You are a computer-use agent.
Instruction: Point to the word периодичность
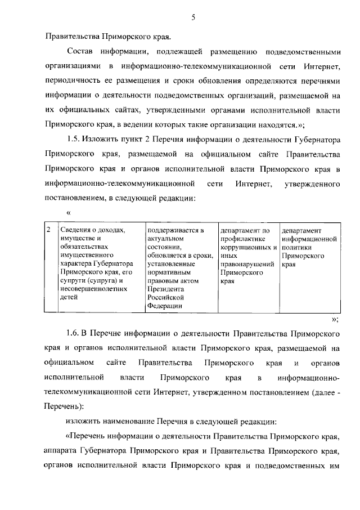[x=72, y=82]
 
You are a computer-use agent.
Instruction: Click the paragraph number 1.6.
[x=75, y=335]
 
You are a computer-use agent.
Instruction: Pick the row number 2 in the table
[x=49, y=230]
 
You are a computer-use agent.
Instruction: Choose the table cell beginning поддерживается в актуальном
[x=179, y=268]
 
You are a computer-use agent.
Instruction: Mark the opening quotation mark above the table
[x=69, y=213]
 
